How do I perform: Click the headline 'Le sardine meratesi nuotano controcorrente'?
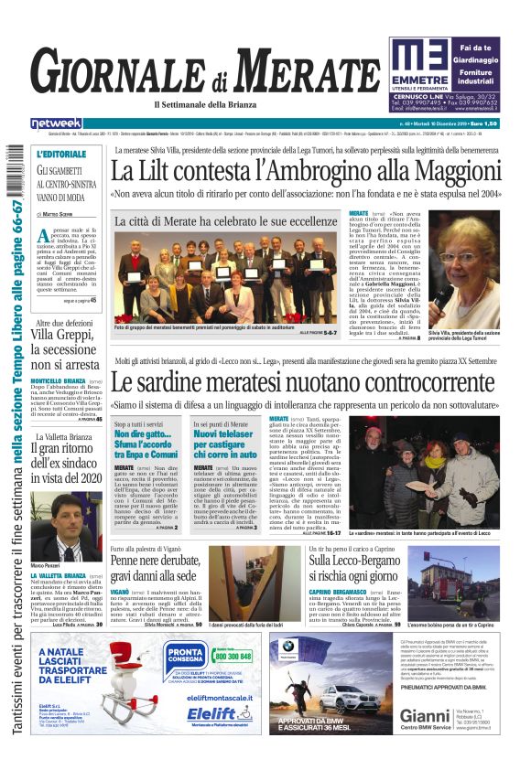(x=309, y=384)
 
